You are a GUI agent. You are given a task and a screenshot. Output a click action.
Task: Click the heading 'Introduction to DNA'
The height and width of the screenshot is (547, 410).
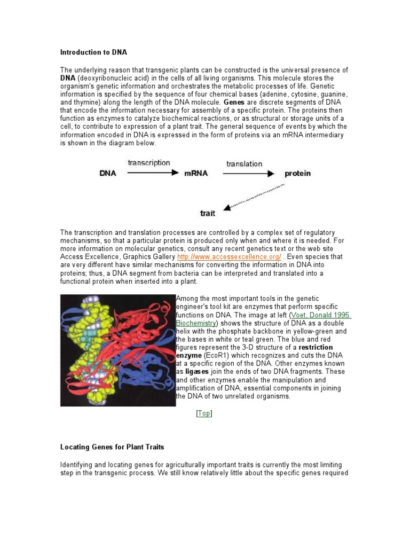pos(93,52)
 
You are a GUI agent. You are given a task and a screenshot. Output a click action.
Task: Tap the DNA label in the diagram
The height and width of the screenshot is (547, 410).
pos(109,174)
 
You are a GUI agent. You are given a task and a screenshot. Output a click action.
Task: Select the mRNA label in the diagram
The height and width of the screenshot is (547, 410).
pos(195,174)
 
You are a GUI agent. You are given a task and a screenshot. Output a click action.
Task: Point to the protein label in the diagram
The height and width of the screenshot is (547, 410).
pos(297,174)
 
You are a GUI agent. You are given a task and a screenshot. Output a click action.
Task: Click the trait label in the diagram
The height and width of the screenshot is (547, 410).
pos(208,213)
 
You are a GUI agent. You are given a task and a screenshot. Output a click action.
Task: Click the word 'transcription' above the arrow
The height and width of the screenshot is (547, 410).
pos(148,163)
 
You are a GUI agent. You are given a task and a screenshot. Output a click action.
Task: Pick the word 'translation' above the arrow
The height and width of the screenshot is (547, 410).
pos(244,164)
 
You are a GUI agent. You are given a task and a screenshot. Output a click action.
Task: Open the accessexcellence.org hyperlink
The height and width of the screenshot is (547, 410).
pos(229,257)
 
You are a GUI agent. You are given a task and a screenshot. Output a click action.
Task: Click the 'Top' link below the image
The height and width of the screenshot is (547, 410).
pos(204,413)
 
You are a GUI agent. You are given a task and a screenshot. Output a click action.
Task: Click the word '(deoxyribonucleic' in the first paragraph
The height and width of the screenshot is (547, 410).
pos(104,78)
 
